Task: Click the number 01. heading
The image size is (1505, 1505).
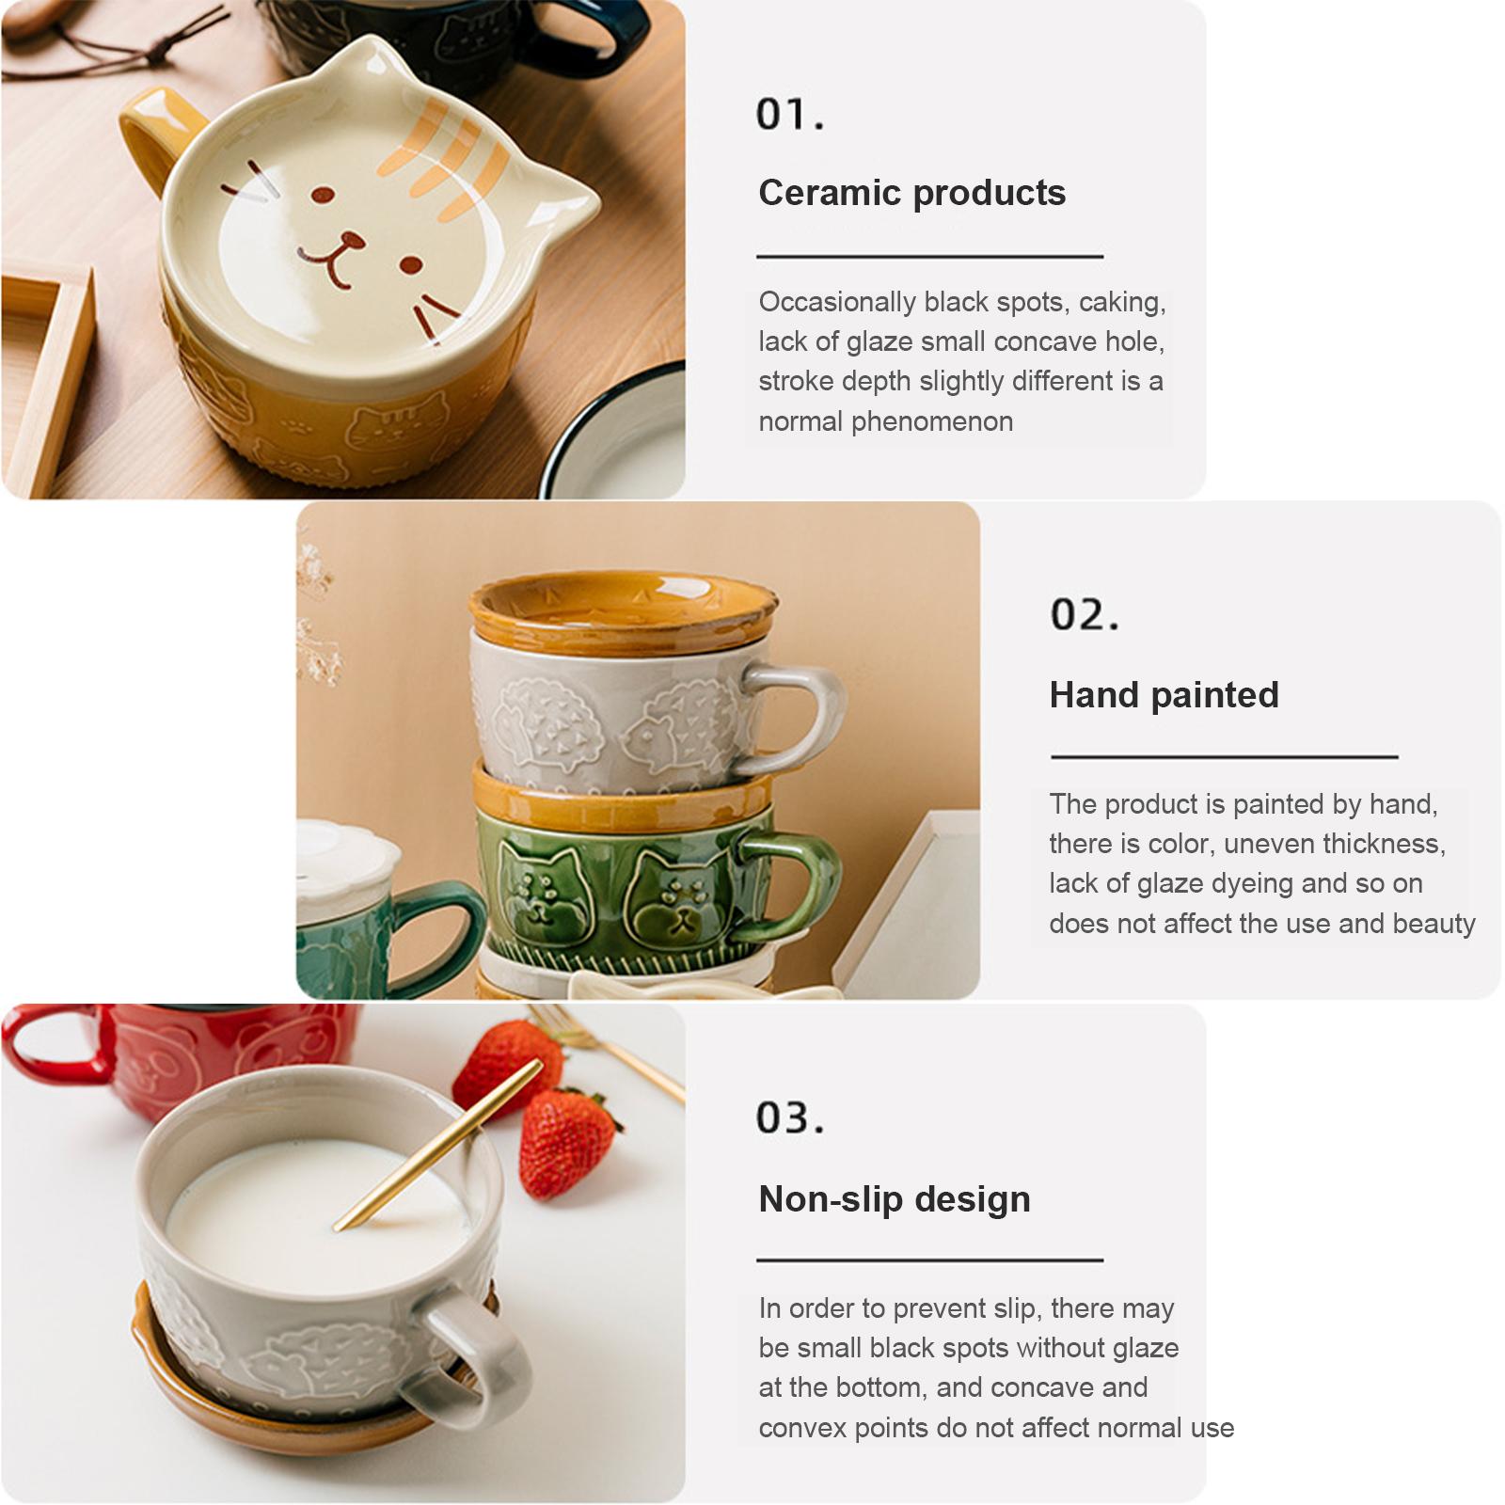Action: (790, 115)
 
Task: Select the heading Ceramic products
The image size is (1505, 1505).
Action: (911, 193)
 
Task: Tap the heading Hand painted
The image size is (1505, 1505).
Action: (1164, 695)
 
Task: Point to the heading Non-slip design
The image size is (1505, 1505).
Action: (894, 1199)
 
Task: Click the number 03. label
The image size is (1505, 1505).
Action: (790, 1118)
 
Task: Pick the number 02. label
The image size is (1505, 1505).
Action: (1085, 615)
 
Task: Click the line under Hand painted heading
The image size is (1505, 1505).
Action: (1223, 756)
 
